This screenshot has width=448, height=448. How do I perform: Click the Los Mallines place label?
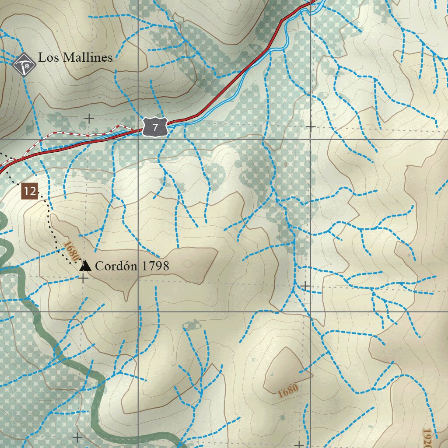click(75, 57)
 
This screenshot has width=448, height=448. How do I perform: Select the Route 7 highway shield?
click(155, 128)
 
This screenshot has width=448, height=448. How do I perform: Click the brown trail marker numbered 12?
click(30, 191)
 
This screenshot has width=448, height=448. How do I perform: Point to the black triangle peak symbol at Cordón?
click(85, 266)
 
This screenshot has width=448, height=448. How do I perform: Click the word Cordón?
click(116, 266)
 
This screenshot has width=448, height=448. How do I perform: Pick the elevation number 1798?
click(155, 266)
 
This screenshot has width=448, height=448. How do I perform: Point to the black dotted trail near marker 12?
click(50, 223)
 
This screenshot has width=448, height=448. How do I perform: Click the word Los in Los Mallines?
click(46, 57)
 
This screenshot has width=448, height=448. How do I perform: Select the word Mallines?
click(85, 57)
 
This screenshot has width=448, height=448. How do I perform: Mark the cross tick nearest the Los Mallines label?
click(89, 118)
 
